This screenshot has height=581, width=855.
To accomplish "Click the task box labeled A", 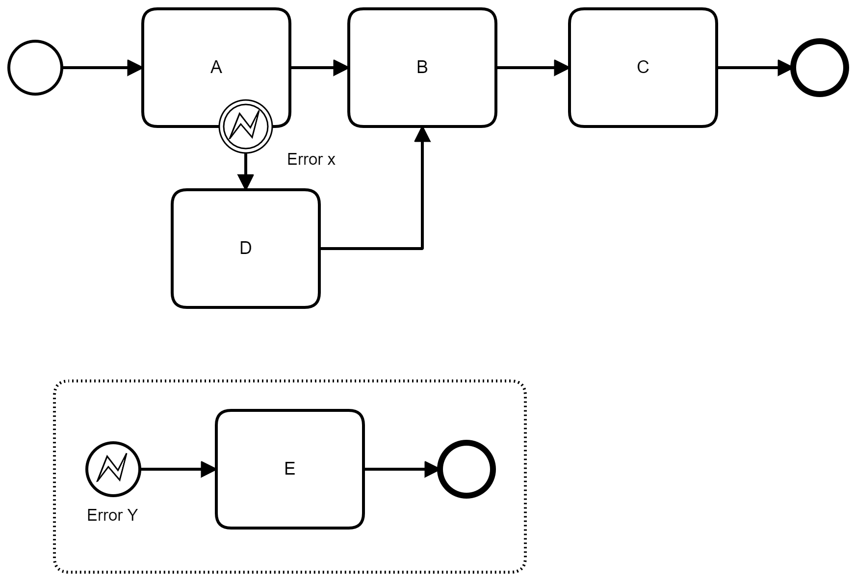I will [216, 49].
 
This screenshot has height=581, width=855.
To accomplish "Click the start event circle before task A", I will [35, 67].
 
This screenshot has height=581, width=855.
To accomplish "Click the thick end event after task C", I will [819, 67].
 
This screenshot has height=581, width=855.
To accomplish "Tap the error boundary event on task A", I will [245, 126].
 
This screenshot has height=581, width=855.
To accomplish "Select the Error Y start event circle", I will [113, 469].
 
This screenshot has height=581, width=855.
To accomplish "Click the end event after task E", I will [466, 469].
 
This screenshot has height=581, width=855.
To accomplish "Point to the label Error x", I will [311, 159].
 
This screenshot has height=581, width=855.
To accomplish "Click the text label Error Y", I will [112, 515].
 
